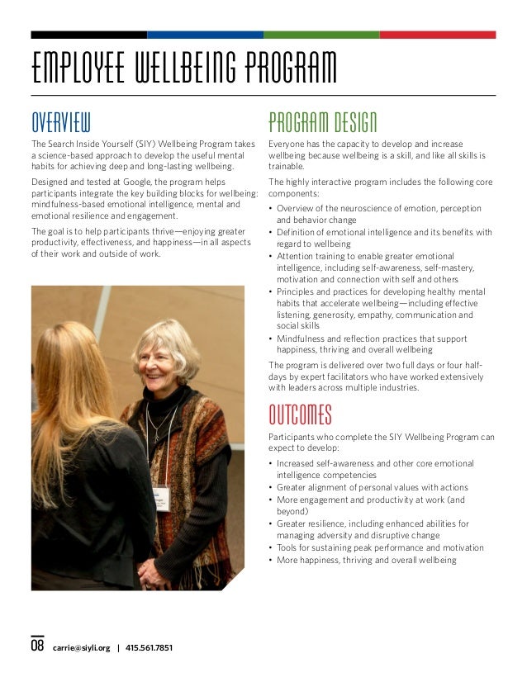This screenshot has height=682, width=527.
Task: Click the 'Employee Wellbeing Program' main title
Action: tap(183, 69)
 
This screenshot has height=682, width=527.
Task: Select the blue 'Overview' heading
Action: tap(60, 123)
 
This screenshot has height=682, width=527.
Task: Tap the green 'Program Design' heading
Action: tap(323, 123)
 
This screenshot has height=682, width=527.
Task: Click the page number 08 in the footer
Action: tap(37, 646)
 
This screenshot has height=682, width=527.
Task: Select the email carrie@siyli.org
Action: tap(81, 647)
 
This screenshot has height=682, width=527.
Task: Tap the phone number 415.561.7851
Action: tap(149, 647)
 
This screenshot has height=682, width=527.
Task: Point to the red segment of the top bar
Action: tap(437, 35)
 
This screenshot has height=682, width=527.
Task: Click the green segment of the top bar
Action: tap(321, 35)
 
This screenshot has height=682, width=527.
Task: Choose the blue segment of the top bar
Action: tap(205, 35)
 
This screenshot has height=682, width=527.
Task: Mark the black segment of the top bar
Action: tap(89, 35)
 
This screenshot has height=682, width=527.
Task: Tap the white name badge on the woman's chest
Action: tap(160, 498)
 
